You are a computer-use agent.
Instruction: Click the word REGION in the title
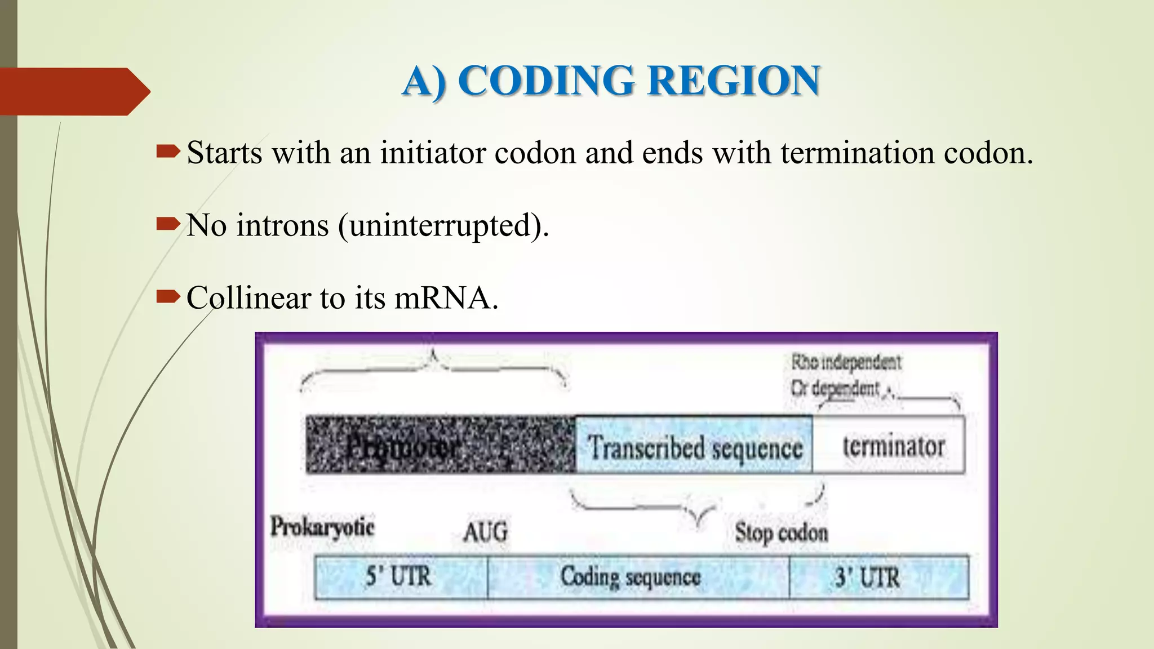click(x=734, y=81)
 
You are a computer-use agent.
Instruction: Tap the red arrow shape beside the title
click(x=73, y=91)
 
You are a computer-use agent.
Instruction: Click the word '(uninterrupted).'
click(x=443, y=226)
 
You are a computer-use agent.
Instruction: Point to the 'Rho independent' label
click(x=846, y=362)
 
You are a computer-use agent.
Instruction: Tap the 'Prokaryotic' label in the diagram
click(x=322, y=527)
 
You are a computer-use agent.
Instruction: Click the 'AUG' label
click(x=485, y=532)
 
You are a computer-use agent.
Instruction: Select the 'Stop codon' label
click(x=781, y=532)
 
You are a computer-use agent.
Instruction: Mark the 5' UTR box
click(x=401, y=577)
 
